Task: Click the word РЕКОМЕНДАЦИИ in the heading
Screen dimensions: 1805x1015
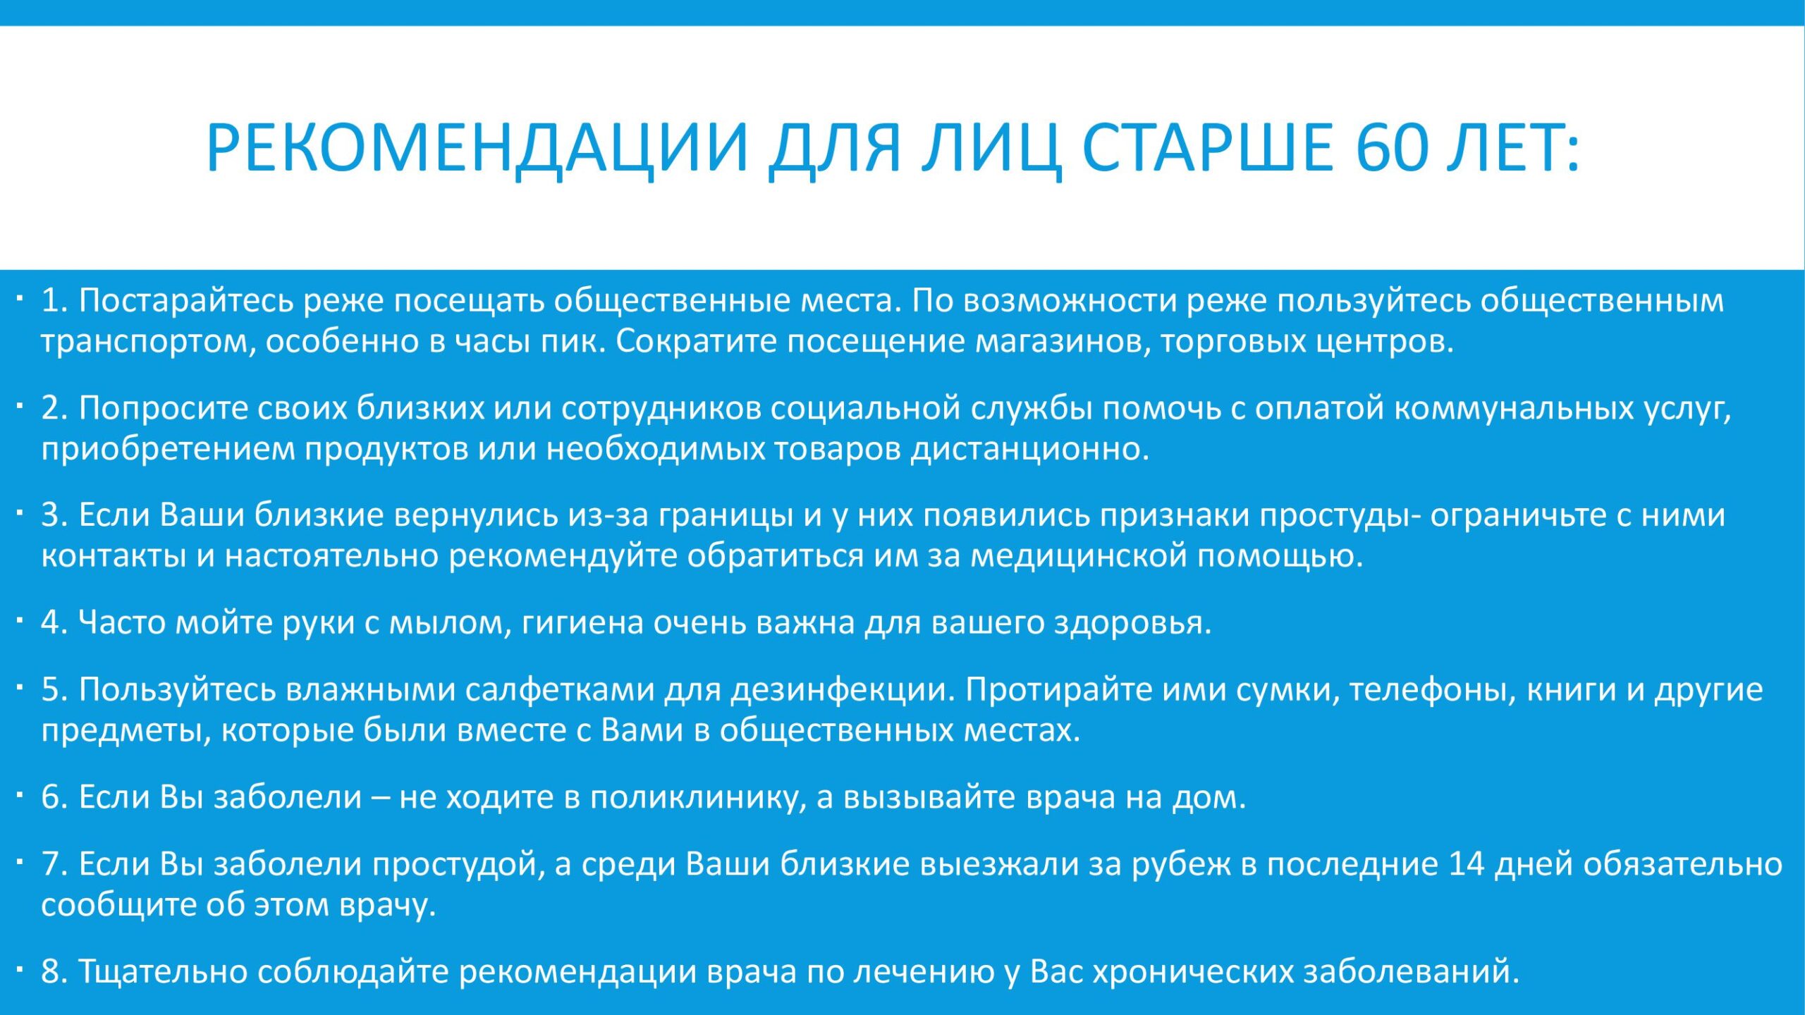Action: tap(477, 148)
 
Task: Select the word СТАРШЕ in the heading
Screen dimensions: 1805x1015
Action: tap(1206, 147)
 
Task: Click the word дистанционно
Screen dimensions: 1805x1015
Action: tap(1030, 449)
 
